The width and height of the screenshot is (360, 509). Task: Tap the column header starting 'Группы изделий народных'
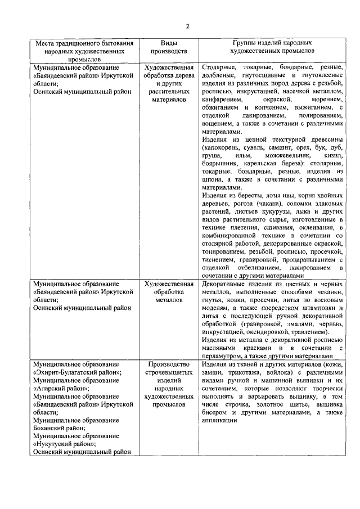pos(272,47)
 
